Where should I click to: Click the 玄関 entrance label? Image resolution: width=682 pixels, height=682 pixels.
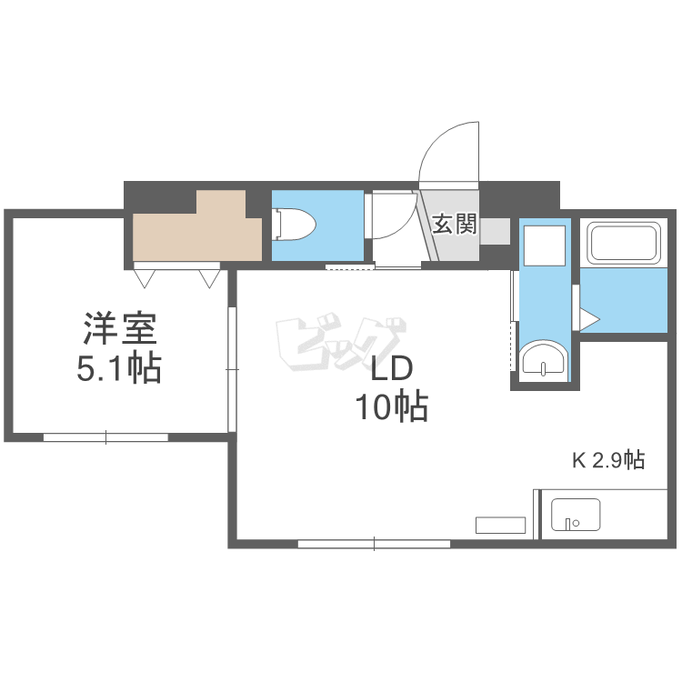(455, 225)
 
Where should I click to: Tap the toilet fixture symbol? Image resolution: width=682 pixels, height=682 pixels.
(294, 225)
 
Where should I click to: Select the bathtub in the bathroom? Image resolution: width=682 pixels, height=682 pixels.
(624, 243)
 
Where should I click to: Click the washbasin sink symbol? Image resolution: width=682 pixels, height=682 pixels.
(545, 360)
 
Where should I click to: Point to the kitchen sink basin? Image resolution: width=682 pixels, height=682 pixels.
(576, 515)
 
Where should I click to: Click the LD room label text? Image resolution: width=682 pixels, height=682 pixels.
(391, 369)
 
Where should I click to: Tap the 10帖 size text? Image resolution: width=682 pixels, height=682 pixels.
(392, 406)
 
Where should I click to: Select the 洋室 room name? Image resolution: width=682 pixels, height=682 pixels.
(120, 328)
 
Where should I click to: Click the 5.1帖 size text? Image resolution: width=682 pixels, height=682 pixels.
(119, 368)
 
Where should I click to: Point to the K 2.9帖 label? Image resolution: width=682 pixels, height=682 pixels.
(608, 460)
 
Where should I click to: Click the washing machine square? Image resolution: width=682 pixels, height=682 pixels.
(545, 246)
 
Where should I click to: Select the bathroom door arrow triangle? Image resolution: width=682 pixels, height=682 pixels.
(588, 320)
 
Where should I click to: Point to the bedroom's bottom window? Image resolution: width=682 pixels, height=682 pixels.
(105, 437)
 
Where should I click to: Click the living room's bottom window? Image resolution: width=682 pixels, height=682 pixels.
(374, 544)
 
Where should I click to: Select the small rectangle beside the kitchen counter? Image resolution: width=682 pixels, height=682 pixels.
(501, 525)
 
